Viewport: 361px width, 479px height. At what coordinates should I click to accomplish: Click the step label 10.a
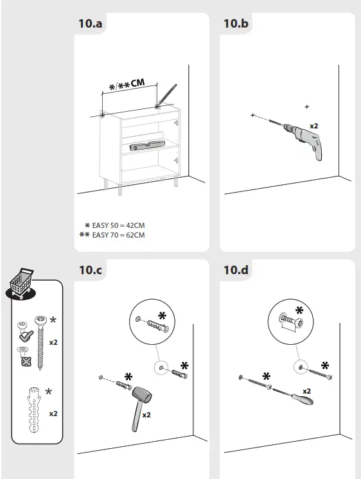coord(91,24)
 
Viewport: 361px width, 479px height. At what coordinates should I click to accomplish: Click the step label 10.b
coord(236,24)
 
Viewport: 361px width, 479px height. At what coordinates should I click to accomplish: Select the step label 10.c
coord(91,270)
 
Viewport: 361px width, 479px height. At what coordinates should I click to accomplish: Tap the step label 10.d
coord(236,270)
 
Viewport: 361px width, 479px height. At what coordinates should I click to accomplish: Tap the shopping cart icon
coord(20,283)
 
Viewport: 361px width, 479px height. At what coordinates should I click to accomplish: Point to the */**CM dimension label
coord(127,85)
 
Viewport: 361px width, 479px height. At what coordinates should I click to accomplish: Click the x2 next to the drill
coord(314,126)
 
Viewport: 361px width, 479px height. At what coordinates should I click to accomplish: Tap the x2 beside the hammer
coord(146,415)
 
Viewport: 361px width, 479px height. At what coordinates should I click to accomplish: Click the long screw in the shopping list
coord(41,340)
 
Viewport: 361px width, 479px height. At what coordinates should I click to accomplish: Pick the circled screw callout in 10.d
coord(291,320)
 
